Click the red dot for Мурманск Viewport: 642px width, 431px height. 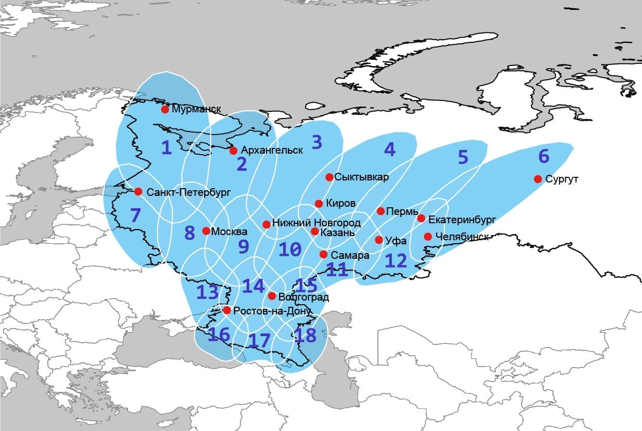coord(165,109)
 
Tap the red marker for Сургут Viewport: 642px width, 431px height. coord(537,179)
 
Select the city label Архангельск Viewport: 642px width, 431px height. coord(272,151)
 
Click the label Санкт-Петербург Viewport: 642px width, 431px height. coord(189,192)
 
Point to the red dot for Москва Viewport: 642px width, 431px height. coord(205,231)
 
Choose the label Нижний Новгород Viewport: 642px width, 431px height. coord(316,224)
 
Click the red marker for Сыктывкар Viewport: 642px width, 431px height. coord(329,177)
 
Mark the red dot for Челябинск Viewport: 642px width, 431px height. coord(427,237)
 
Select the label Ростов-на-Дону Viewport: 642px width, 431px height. coord(272,311)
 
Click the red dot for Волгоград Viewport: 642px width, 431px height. coord(272,296)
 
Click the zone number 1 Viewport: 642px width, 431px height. coord(166,148)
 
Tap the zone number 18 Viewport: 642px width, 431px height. coord(305,335)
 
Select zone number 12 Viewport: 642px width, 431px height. coord(395,260)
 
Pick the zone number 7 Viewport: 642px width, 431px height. coord(135,215)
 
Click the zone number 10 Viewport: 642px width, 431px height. coord(289,250)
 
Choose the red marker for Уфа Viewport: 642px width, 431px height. coord(379,240)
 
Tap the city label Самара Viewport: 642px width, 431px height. coord(350,255)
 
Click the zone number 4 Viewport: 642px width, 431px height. coord(389,150)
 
